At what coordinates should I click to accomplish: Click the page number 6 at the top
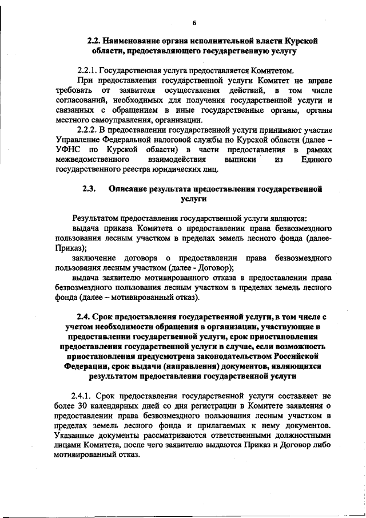tap(194, 23)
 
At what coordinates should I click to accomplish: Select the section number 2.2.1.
tap(87, 72)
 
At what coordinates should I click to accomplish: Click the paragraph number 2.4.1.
tap(83, 396)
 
